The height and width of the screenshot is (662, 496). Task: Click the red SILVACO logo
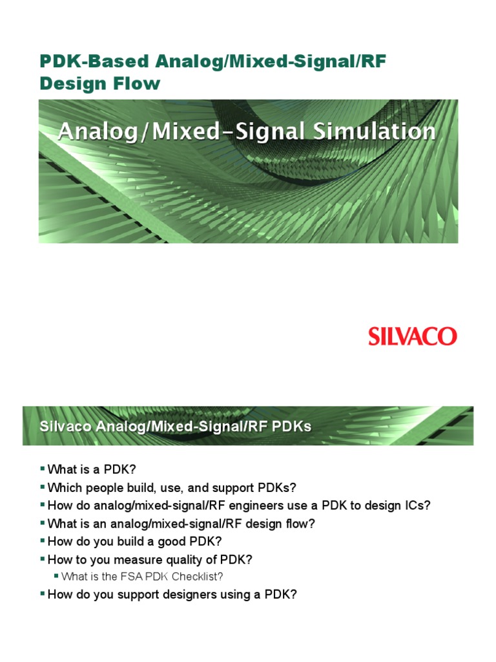pyautogui.click(x=412, y=336)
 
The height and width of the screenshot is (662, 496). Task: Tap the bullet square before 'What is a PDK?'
pyautogui.click(x=43, y=468)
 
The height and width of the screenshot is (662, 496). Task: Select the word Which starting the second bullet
pyautogui.click(x=63, y=487)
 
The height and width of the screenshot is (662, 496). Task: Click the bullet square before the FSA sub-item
pyautogui.click(x=56, y=576)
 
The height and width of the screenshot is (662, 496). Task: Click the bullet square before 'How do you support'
pyautogui.click(x=43, y=594)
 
